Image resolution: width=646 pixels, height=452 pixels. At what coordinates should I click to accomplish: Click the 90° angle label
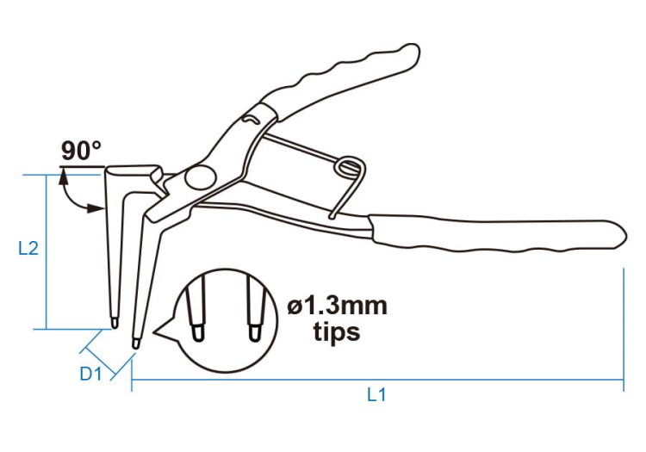click(81, 151)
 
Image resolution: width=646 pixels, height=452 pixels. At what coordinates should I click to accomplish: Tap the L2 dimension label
click(28, 248)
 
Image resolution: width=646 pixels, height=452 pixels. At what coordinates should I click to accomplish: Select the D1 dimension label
click(90, 374)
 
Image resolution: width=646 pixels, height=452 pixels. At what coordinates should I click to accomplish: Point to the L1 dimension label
click(376, 395)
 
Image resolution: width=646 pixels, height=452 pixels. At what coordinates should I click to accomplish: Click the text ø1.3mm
click(338, 306)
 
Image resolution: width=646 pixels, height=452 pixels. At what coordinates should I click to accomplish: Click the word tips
click(337, 331)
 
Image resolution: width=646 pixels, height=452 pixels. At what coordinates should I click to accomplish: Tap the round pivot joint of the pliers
click(200, 177)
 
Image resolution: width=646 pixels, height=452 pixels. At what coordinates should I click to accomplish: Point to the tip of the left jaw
click(115, 323)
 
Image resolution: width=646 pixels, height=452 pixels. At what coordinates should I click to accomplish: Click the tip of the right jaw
click(135, 344)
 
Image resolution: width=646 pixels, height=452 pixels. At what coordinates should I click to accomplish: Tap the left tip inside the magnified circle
click(198, 332)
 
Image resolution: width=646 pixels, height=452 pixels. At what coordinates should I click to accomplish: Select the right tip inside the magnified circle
click(255, 332)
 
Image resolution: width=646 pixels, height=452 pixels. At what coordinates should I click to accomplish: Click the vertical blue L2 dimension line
click(47, 252)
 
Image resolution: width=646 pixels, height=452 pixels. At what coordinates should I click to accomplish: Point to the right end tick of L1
click(624, 330)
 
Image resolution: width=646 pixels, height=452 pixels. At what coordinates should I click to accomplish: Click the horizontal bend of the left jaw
click(133, 170)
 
